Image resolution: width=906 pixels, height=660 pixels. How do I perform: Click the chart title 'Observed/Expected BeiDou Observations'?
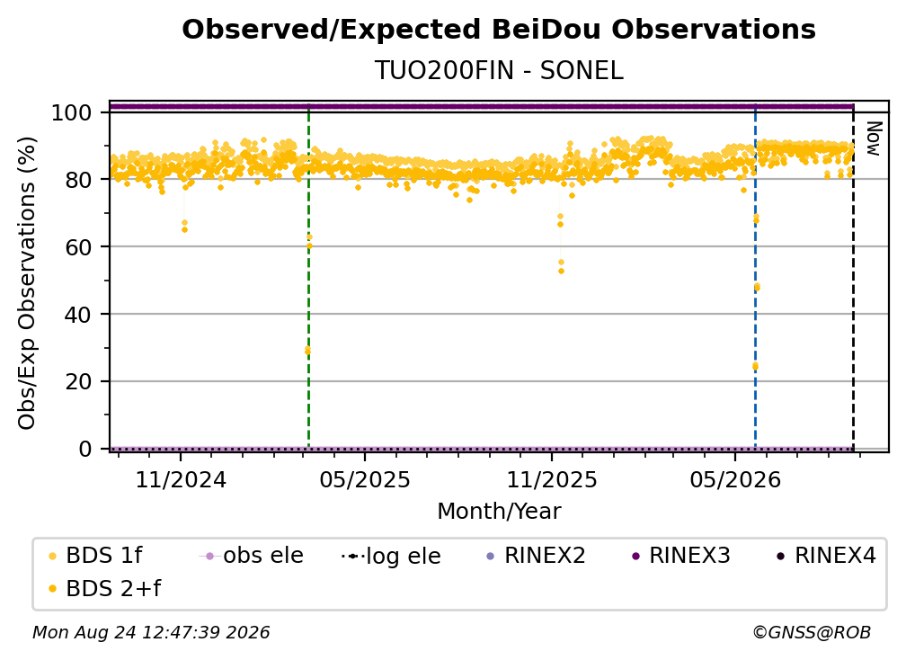pos(499,30)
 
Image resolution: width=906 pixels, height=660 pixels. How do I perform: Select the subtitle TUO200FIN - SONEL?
pos(499,71)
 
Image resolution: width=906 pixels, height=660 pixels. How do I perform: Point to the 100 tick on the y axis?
pos(72,112)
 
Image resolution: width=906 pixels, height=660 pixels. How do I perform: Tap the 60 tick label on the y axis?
pos(78,247)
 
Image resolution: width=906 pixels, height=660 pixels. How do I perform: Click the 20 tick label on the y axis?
pos(78,382)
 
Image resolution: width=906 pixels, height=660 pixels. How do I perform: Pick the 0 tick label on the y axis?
pos(85,449)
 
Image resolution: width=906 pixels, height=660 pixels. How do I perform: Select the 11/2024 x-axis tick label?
pos(181,479)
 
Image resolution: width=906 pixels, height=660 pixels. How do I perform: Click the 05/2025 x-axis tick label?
pos(365,479)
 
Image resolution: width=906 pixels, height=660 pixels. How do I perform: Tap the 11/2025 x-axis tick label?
pos(552,479)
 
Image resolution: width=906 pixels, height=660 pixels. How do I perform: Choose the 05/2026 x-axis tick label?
pos(735,479)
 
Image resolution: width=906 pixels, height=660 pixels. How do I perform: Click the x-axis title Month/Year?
pos(499,512)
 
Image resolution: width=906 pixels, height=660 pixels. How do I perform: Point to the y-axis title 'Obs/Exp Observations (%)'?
pos(27,282)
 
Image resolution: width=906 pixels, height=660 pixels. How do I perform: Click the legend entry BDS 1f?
pos(95,556)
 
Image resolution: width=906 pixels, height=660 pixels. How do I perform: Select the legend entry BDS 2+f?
pos(104,589)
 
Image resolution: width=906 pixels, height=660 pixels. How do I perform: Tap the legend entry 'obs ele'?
pos(251,556)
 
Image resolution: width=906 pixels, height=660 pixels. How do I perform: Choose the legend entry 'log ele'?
pos(391,556)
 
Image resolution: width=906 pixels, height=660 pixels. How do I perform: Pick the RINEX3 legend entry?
pos(681,556)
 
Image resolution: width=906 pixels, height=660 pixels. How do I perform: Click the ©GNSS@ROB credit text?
pos(812,633)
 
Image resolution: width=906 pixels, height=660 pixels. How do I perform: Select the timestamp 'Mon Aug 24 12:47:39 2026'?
pos(151,633)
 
